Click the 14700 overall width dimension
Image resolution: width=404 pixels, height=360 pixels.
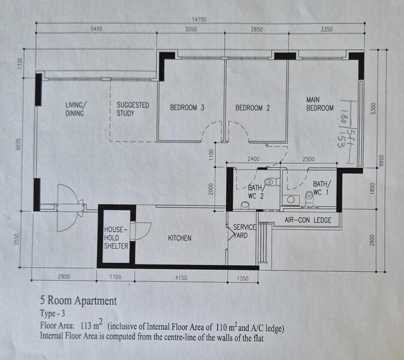[x=199, y=19]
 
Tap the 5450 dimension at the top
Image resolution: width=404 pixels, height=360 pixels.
[x=97, y=29]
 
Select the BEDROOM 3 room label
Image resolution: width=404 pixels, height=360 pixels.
[x=187, y=107]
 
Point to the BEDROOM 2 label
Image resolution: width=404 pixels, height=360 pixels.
[x=252, y=108]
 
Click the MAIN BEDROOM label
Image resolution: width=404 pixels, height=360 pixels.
[x=319, y=104]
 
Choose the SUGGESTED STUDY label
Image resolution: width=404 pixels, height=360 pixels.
[x=132, y=109]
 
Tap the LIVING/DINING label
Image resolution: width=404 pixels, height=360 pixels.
[x=76, y=109]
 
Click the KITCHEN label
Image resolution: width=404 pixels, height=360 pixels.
[x=180, y=238]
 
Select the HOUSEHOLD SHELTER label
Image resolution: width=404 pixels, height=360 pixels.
[x=116, y=238]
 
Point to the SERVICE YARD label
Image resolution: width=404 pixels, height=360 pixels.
[x=244, y=232]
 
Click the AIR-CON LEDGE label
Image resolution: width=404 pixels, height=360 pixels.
[x=308, y=220]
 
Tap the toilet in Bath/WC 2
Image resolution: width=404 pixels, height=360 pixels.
[x=272, y=182]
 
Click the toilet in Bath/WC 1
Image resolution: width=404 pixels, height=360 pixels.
[x=309, y=199]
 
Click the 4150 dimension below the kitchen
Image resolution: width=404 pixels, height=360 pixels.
[x=181, y=278]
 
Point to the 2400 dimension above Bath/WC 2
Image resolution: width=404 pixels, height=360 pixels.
[x=254, y=159]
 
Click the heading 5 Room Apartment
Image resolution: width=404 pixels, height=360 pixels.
[x=79, y=301]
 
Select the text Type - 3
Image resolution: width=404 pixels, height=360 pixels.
[x=53, y=313]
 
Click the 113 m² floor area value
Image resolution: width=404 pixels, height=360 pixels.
[x=92, y=325]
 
